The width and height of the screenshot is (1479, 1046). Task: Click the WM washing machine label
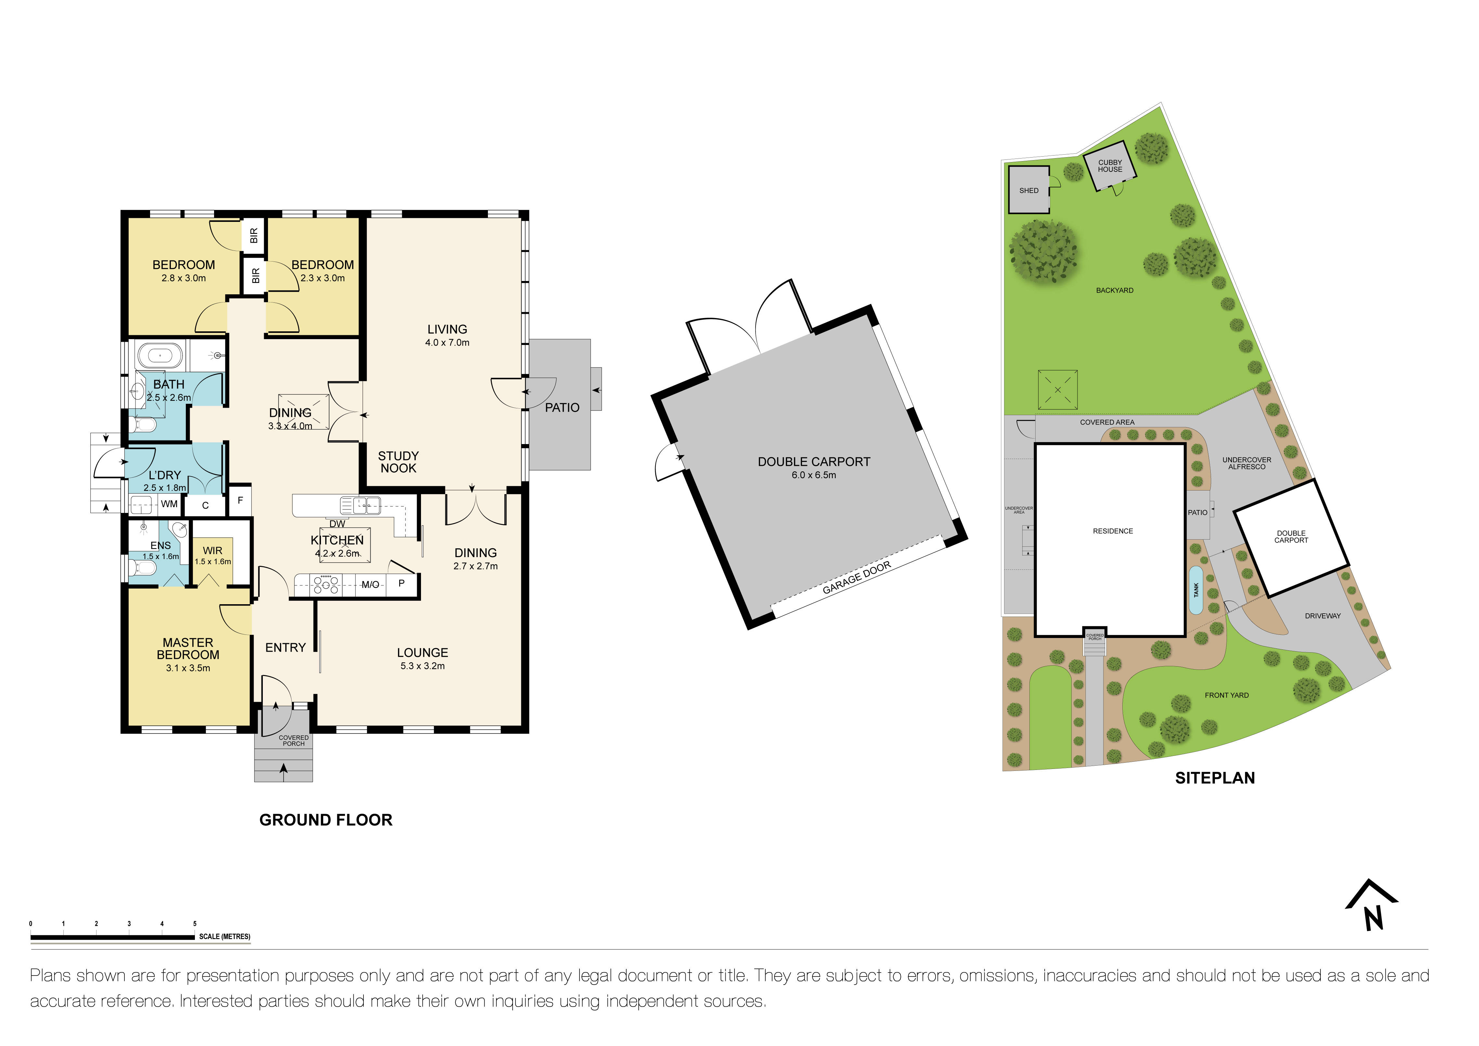tap(169, 504)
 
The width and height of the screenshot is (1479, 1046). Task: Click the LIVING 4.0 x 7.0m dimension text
tap(447, 343)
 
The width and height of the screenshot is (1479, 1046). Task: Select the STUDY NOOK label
tap(398, 462)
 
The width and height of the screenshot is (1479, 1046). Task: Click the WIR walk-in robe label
tap(212, 551)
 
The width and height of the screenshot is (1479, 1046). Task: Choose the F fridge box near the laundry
tap(240, 500)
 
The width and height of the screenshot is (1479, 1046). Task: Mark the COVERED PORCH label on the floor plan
tap(294, 741)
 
